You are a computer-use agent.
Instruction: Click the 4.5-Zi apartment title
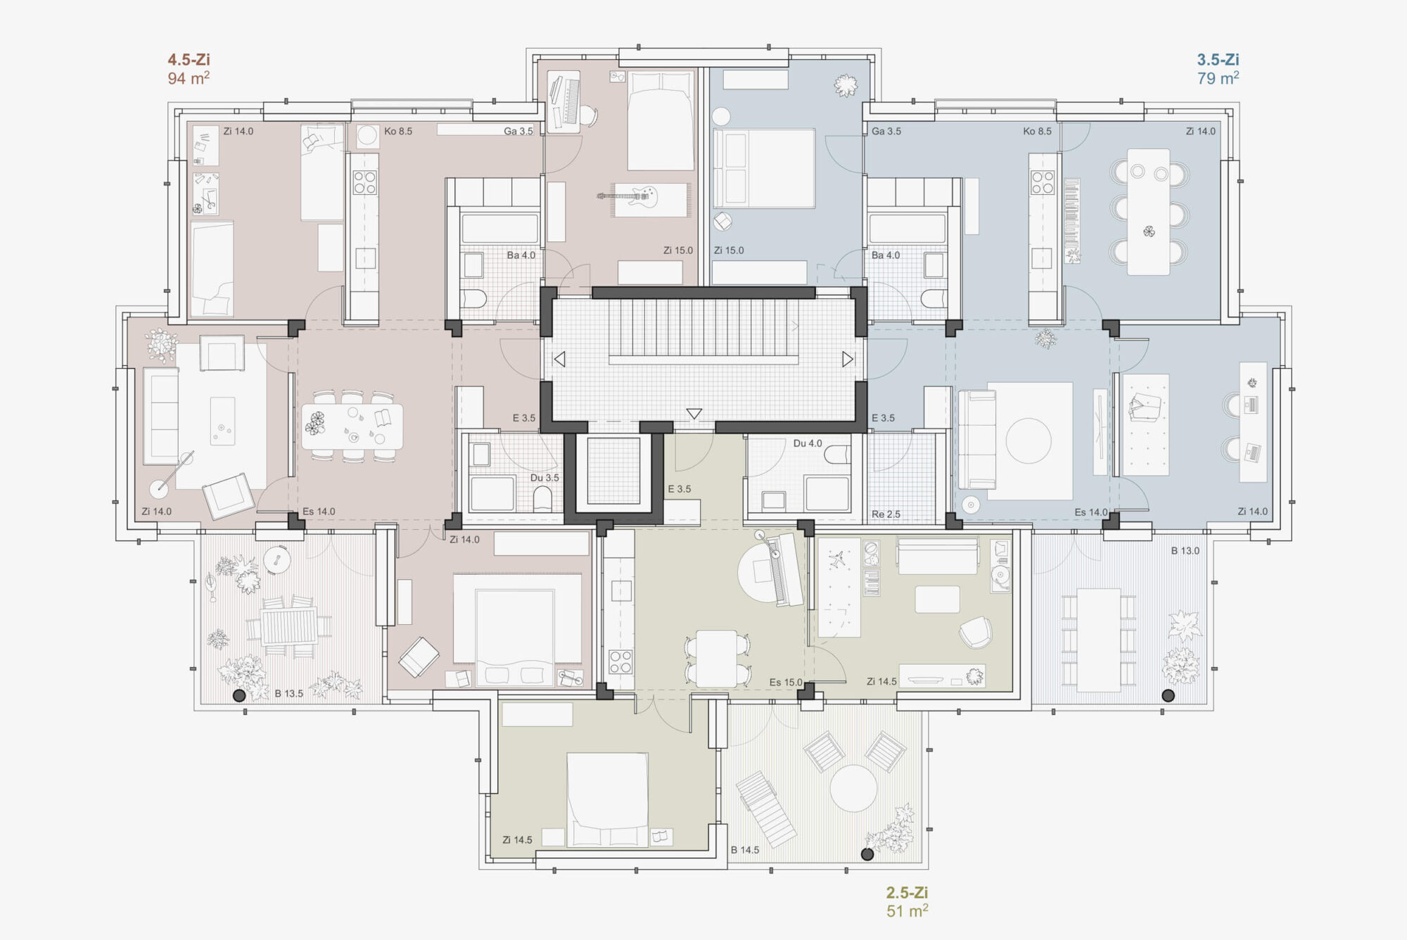(189, 60)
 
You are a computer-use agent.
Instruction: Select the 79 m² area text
(1218, 77)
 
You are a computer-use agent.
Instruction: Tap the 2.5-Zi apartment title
(907, 893)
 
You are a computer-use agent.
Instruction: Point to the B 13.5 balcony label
(288, 694)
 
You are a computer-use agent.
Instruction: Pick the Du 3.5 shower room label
(545, 478)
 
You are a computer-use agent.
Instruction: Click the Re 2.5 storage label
(886, 514)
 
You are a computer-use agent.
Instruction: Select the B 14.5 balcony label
(745, 850)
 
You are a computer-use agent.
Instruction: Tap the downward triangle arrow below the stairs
(694, 414)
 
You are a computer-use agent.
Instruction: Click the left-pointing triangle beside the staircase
(559, 360)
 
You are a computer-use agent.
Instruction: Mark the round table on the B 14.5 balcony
(853, 788)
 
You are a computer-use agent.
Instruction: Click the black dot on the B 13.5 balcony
(239, 696)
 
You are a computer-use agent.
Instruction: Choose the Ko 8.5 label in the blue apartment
(1038, 131)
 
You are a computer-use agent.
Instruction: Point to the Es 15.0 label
(786, 682)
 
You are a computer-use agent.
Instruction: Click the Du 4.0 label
(808, 443)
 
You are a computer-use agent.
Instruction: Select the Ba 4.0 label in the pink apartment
(521, 255)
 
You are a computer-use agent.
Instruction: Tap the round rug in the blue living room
(1029, 441)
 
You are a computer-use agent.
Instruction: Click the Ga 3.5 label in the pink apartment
(518, 131)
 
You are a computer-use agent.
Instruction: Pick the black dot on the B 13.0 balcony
(1169, 696)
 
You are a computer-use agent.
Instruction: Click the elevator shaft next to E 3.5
(613, 471)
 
